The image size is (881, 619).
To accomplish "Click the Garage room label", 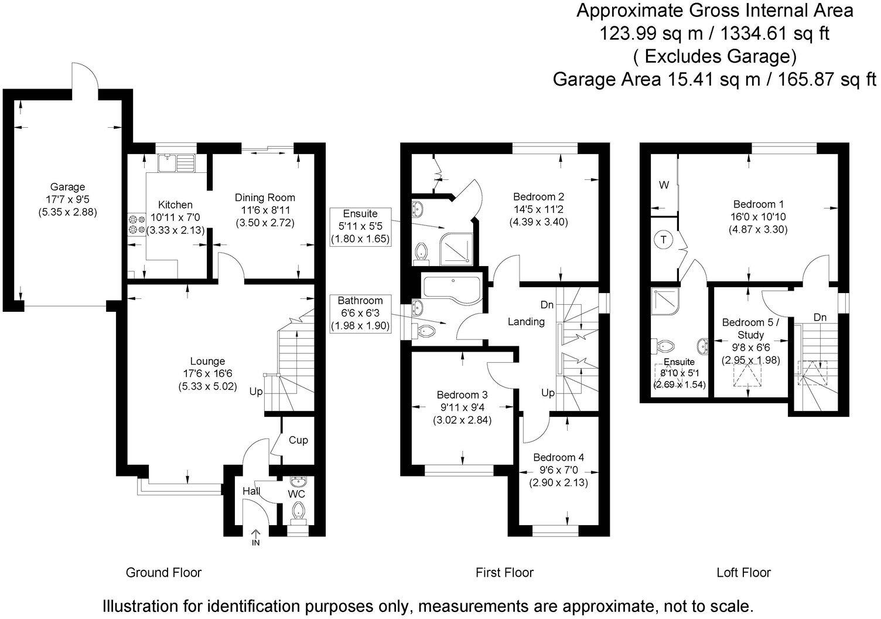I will [x=67, y=188].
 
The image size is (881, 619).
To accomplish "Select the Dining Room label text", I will [x=265, y=198].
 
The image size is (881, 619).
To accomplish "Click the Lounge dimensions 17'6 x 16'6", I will [x=207, y=374].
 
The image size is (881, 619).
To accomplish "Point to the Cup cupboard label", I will [x=298, y=440].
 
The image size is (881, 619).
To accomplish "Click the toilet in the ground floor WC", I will [x=299, y=509].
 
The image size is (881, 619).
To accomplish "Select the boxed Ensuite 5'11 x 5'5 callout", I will [x=360, y=226].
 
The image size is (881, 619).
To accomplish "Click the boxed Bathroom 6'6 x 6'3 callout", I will [x=360, y=313].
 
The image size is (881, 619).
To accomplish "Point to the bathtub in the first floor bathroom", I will [x=451, y=288].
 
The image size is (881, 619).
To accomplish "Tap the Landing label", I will [x=525, y=321].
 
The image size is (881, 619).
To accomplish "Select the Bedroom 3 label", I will [x=462, y=395].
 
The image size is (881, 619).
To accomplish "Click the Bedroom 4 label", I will [x=558, y=457].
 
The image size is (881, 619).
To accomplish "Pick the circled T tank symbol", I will [x=663, y=240].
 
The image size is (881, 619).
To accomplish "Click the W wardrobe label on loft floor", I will [x=664, y=185].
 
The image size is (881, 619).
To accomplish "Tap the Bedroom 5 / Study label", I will [x=750, y=328].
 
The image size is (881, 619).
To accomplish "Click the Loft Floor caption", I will [x=743, y=572].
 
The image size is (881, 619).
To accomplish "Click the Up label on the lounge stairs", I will [x=256, y=391].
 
